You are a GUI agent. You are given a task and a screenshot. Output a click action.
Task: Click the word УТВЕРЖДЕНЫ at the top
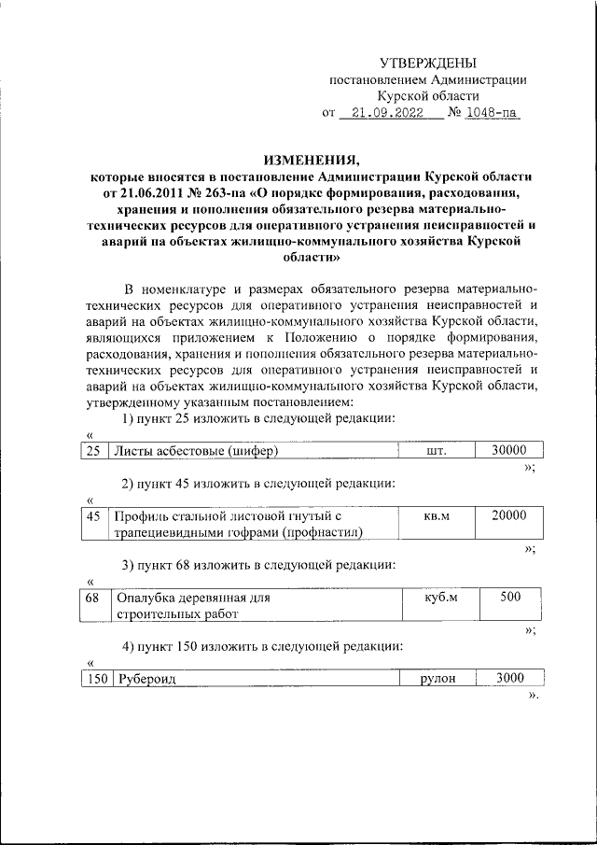tap(428, 63)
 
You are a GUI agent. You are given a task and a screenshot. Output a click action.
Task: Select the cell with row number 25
tap(92, 451)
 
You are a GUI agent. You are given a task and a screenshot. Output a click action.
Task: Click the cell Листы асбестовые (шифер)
tap(196, 451)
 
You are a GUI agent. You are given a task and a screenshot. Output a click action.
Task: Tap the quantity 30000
tap(509, 450)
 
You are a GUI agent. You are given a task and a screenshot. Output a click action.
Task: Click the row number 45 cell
tap(92, 515)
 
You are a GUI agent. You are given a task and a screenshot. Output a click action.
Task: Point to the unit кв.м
tap(436, 516)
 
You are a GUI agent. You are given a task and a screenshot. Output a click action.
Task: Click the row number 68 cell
tap(92, 598)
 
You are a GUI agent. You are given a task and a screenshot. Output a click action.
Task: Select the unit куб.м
tap(436, 599)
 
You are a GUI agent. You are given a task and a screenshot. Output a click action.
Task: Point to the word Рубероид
tap(146, 679)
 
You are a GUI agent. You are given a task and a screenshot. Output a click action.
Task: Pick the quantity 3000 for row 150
tap(509, 678)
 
